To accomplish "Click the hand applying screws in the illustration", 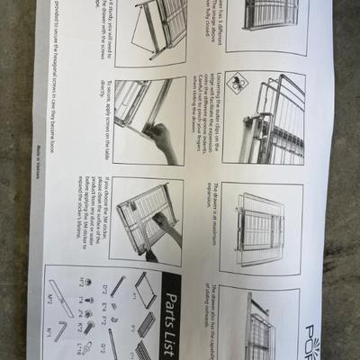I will (x=162, y=139).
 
